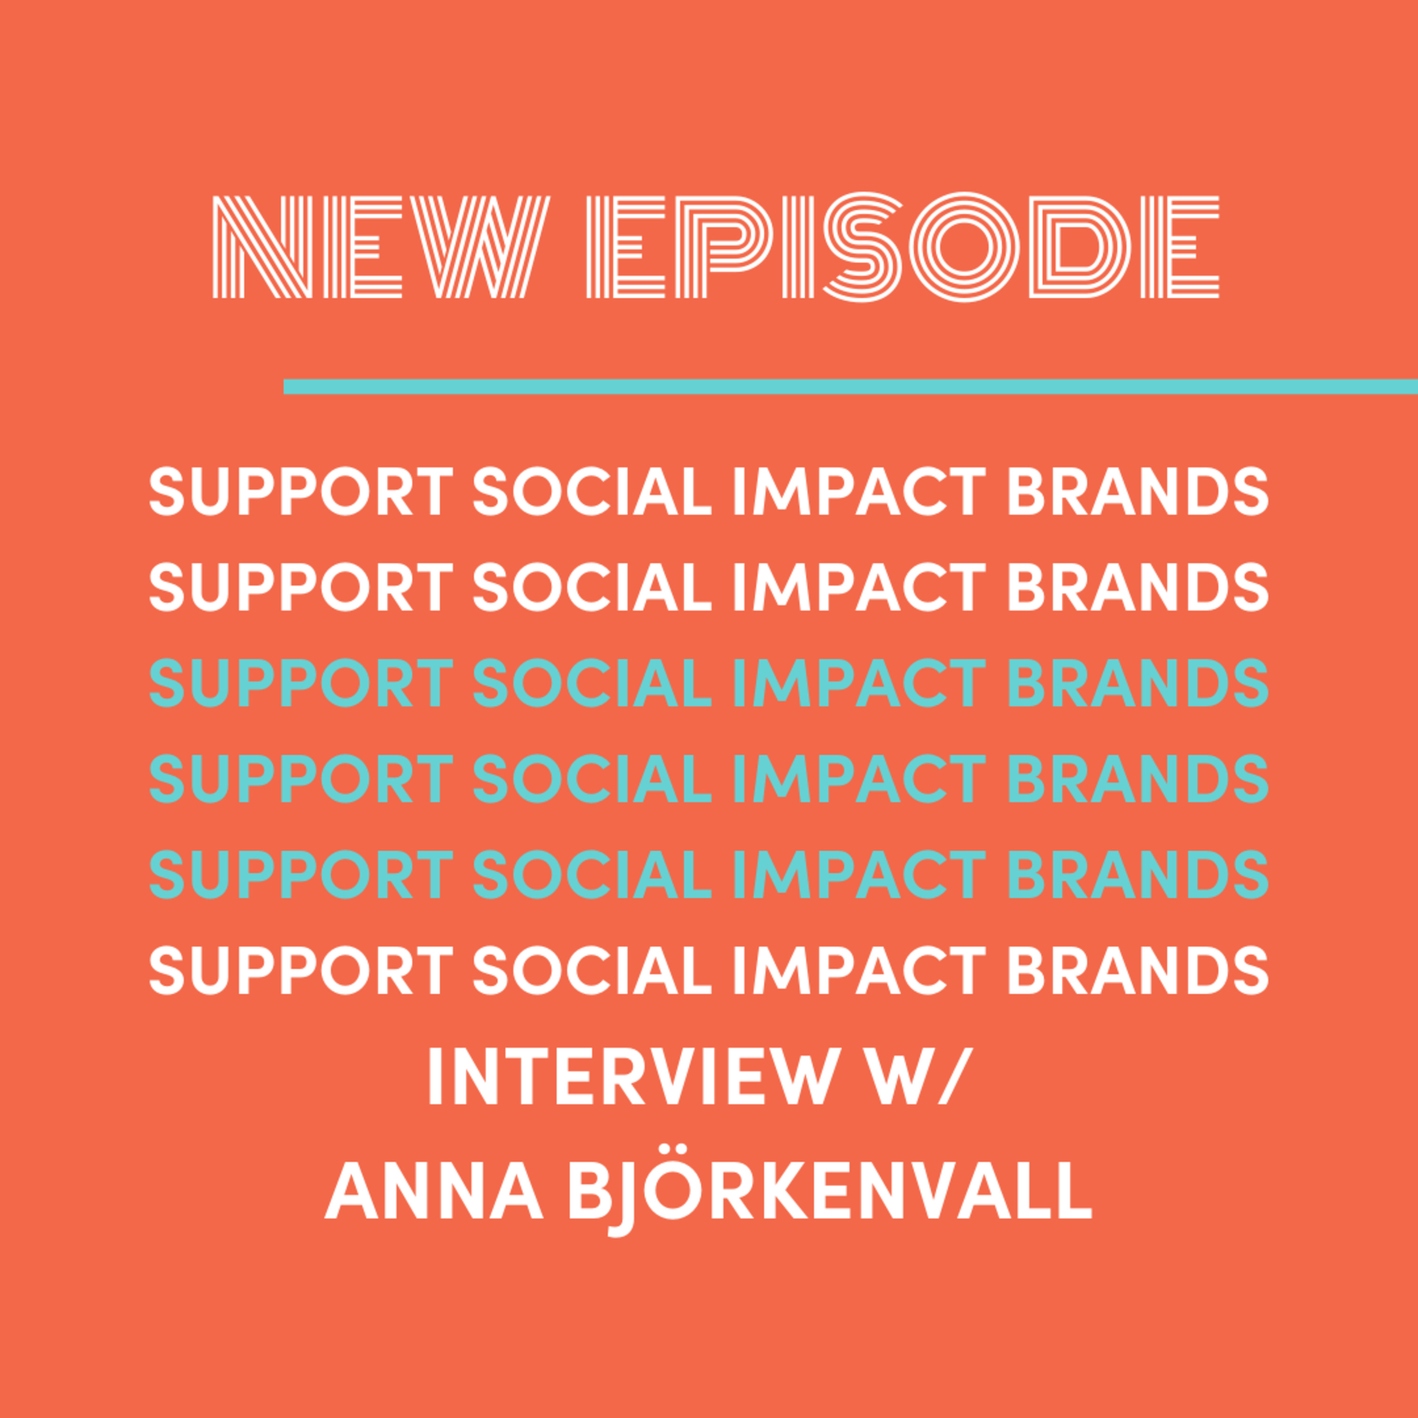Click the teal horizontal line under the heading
click(x=851, y=386)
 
